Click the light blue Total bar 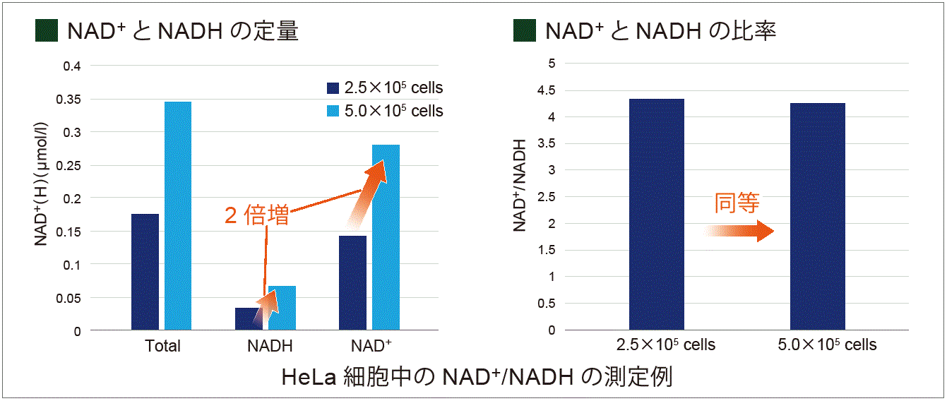[x=178, y=215]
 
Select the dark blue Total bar [x=145, y=272]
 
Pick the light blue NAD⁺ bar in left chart [x=386, y=237]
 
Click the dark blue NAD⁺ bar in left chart [x=352, y=282]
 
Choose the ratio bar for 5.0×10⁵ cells [x=818, y=216]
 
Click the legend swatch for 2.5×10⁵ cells [x=333, y=88]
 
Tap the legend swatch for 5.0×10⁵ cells [x=333, y=112]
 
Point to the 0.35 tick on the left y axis [x=70, y=100]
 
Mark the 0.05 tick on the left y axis [x=70, y=298]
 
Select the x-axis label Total [x=162, y=347]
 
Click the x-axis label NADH [x=270, y=347]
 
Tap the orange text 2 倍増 [x=256, y=215]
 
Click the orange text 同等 [x=737, y=203]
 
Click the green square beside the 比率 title [x=525, y=31]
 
